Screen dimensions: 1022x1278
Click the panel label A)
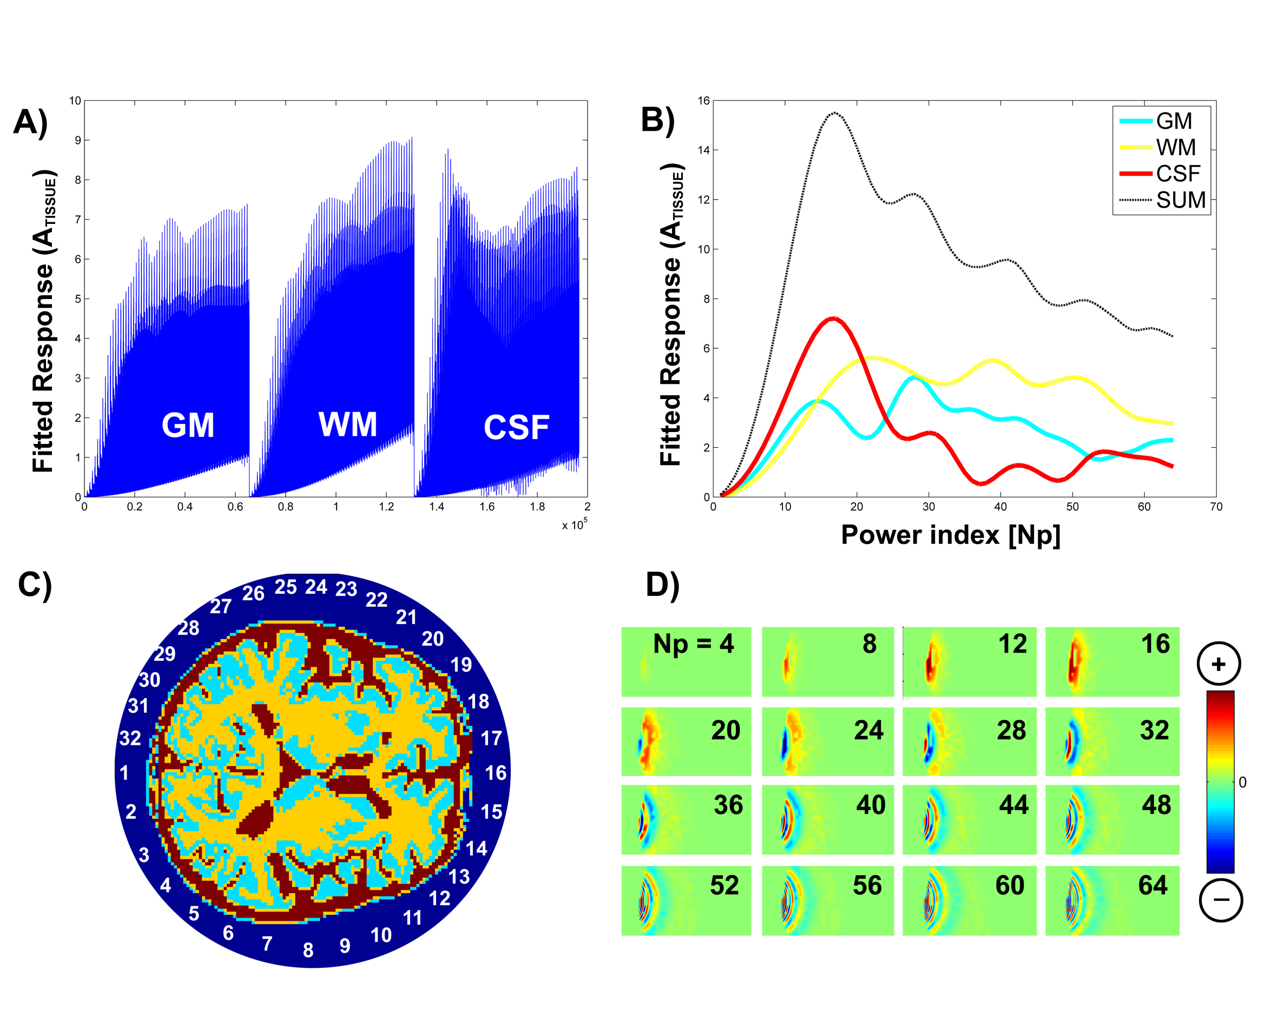[x=30, y=123]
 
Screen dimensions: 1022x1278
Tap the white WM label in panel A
[x=348, y=425]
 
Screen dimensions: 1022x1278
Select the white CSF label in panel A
[x=516, y=428]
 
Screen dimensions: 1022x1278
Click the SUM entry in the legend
[x=1180, y=200]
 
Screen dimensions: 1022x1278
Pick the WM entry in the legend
[x=1175, y=148]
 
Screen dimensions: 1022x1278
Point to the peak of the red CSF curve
[x=834, y=318]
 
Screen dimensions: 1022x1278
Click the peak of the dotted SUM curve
[x=835, y=112]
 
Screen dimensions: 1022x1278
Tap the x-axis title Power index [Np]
[x=950, y=535]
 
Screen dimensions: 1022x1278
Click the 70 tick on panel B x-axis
[x=1216, y=507]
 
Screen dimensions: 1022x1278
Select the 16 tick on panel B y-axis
[x=703, y=101]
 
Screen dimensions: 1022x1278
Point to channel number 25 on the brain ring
[x=285, y=587]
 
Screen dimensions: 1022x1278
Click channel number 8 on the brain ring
[x=308, y=950]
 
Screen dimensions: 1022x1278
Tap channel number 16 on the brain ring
[x=496, y=773]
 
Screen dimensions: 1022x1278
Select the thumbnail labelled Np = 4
[x=686, y=662]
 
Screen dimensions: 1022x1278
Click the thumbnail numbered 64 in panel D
[x=1112, y=900]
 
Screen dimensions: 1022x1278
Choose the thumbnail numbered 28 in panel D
[x=969, y=741]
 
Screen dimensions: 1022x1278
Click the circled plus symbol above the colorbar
[x=1218, y=664]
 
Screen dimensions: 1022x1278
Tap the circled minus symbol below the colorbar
[x=1221, y=900]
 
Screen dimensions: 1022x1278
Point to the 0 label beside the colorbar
[x=1242, y=782]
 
